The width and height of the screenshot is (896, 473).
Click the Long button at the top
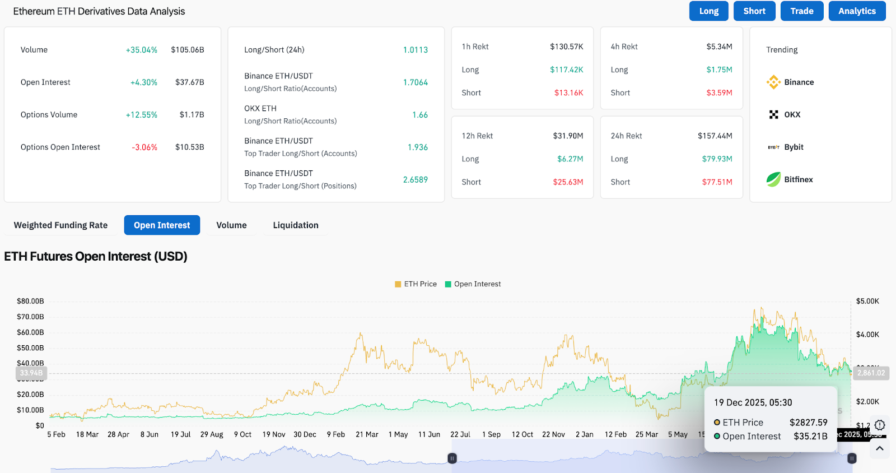tap(708, 11)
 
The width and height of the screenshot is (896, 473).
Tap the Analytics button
tap(857, 11)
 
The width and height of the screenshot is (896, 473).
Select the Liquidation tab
tap(296, 225)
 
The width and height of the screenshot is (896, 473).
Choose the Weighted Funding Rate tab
tap(60, 225)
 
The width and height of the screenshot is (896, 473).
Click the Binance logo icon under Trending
tap(773, 82)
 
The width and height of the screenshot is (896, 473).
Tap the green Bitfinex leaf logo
tap(773, 179)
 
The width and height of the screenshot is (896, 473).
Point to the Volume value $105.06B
tap(188, 50)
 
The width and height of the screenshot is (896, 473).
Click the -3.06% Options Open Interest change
tap(144, 147)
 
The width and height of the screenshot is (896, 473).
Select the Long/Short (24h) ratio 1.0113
tap(415, 50)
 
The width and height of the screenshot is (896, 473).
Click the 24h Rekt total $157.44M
tap(715, 136)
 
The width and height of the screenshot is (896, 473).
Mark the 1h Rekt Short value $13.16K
tap(568, 93)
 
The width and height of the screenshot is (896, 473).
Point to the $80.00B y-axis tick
tap(30, 301)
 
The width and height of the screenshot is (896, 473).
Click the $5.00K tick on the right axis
tap(867, 301)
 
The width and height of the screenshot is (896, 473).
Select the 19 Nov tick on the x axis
tap(274, 434)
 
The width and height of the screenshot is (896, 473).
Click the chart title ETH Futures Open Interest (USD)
tap(96, 257)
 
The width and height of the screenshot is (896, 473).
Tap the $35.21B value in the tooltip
tap(810, 437)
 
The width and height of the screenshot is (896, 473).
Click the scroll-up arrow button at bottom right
tap(880, 448)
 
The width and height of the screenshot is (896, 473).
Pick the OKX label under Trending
tap(792, 115)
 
